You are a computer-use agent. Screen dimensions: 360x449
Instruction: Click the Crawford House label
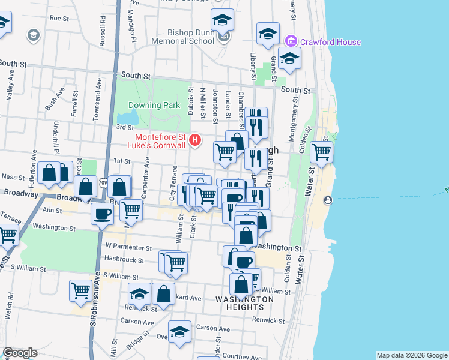(331, 43)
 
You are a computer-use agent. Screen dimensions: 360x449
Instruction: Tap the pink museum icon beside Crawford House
(291, 42)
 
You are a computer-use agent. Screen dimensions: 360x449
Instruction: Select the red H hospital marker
(194, 141)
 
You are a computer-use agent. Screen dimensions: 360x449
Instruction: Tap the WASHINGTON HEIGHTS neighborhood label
(244, 303)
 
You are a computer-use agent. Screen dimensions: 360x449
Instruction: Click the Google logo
(20, 352)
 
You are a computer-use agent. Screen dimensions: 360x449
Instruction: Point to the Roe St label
(60, 18)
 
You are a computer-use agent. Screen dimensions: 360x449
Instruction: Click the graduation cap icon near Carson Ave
(179, 332)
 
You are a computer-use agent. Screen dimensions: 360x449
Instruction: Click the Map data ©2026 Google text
(411, 355)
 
